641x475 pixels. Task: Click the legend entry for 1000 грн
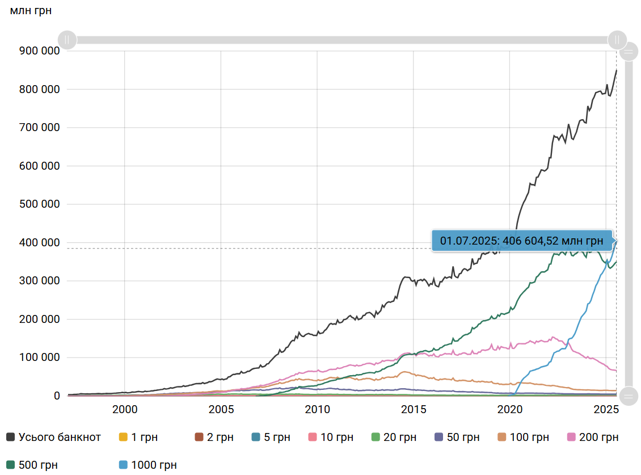(148, 465)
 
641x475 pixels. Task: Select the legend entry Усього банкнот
(54, 437)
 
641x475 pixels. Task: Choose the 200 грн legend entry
(592, 437)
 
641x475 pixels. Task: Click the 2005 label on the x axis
(221, 410)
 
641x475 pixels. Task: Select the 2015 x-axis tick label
(414, 410)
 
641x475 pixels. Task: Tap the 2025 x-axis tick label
(605, 410)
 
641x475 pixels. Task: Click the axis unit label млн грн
(31, 11)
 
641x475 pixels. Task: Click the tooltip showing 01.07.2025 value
(522, 241)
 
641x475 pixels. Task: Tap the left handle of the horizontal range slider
(67, 40)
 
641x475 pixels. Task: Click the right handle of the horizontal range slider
(617, 40)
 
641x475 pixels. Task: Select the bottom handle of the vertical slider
(629, 395)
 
